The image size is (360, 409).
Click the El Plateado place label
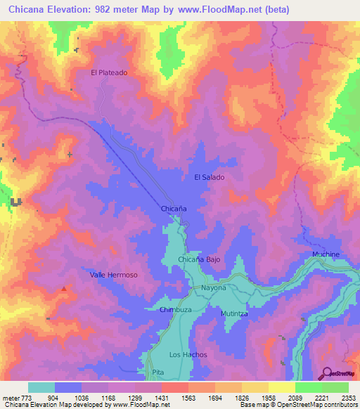click(x=109, y=72)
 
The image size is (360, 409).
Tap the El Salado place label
click(x=210, y=177)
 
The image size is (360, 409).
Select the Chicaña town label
click(x=174, y=209)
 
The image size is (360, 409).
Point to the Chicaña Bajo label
click(x=199, y=260)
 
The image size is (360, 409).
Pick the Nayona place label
click(x=214, y=288)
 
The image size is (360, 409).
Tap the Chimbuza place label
click(x=175, y=309)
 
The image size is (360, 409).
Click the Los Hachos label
click(x=188, y=355)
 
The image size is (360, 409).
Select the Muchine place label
click(x=326, y=254)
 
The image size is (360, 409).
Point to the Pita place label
click(x=157, y=372)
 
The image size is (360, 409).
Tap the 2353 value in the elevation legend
click(x=345, y=398)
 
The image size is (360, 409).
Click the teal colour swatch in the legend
click(x=41, y=387)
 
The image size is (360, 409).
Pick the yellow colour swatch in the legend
click(x=281, y=387)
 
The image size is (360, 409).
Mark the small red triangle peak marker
click(x=65, y=288)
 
